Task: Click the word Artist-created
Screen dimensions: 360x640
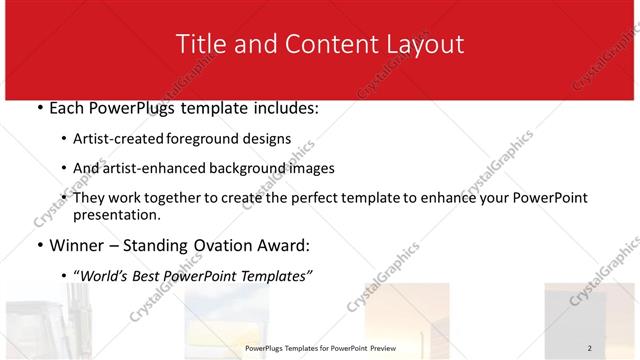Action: (121, 139)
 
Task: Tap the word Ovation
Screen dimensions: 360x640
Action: (219, 245)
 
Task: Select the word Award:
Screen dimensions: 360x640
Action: (286, 245)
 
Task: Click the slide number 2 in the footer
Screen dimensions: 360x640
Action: (589, 348)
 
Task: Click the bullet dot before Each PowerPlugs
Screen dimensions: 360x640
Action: (39, 108)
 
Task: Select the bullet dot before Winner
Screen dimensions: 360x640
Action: (39, 245)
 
